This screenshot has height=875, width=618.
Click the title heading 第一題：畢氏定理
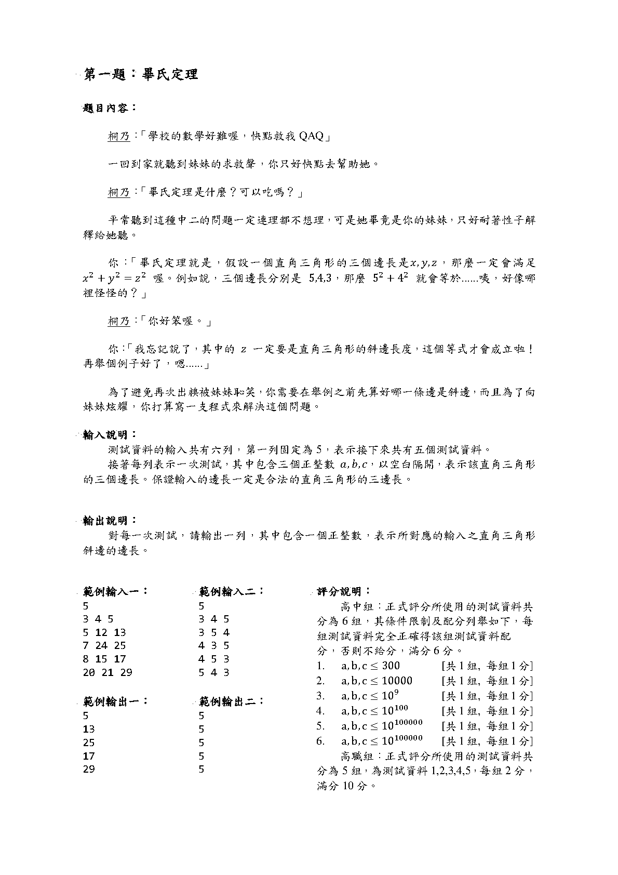point(141,75)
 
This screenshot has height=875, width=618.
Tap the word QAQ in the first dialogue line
point(312,136)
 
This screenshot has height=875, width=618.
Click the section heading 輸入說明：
point(110,434)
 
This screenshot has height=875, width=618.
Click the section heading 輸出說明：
point(110,520)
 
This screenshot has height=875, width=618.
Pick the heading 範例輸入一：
point(115,591)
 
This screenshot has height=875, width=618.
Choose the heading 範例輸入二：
point(232,591)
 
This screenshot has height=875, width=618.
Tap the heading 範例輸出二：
point(232,701)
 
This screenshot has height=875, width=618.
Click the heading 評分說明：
point(344,591)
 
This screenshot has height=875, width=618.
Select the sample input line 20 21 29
point(108,672)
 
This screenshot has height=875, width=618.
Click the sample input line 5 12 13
point(104,632)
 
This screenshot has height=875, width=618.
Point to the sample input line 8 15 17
point(104,659)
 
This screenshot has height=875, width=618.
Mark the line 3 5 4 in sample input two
point(214,632)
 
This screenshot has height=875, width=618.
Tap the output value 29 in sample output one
point(89,769)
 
